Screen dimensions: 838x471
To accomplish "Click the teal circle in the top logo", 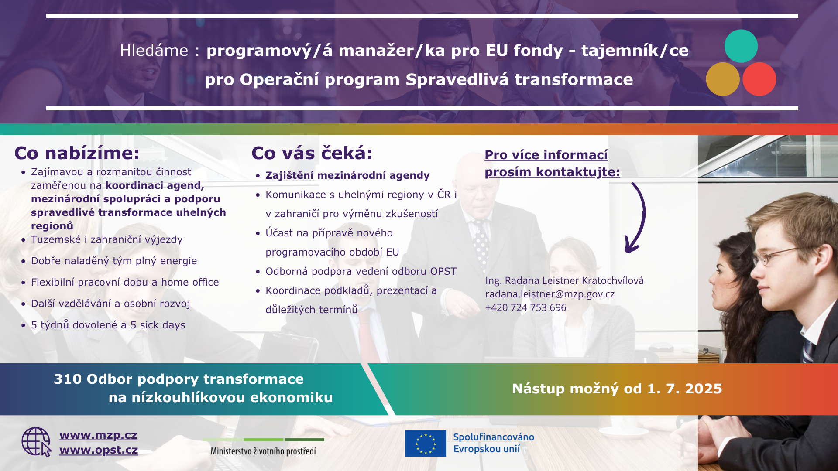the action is [x=741, y=46].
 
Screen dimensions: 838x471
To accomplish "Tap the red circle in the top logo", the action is [x=759, y=79].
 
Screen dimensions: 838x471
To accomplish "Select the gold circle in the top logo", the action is [x=723, y=79].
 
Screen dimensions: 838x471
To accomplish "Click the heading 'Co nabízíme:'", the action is [x=77, y=153].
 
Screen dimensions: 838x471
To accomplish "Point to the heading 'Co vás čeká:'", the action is [x=312, y=153].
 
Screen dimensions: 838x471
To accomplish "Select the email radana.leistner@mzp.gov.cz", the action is [x=550, y=294].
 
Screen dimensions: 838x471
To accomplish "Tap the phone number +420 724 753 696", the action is [x=526, y=307].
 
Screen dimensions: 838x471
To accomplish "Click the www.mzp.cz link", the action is [x=98, y=435].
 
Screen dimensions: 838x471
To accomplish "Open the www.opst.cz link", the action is [x=99, y=450].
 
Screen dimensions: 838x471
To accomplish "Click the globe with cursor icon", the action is [x=37, y=442].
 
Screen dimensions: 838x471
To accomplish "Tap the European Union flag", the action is [x=426, y=443].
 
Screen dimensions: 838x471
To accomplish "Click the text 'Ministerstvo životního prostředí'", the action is [x=263, y=451].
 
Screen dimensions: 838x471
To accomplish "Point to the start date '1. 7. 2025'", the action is [x=685, y=389].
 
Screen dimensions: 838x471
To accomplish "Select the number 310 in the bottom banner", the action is [x=68, y=379].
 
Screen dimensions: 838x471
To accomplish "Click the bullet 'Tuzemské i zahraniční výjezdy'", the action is [x=107, y=239].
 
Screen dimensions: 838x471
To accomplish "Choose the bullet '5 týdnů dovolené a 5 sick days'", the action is [x=108, y=325].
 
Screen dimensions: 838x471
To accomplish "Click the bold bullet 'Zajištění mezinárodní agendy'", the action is [x=348, y=175].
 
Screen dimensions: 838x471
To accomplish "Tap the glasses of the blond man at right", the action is [x=779, y=256].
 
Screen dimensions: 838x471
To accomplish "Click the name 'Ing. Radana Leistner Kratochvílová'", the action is [x=564, y=280].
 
